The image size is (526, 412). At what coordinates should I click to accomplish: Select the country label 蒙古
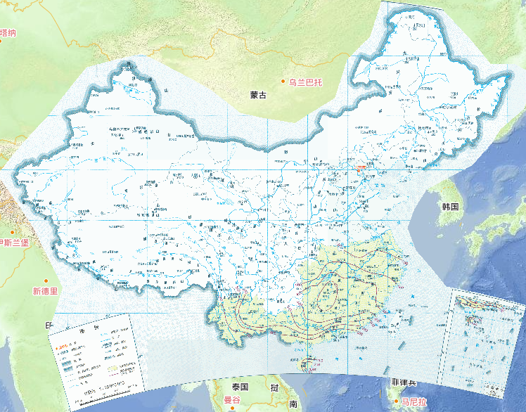point(258,95)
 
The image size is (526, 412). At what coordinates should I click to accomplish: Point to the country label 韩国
point(450,207)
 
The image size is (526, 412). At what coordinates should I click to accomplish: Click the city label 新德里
point(45,290)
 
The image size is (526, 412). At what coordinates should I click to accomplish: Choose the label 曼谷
point(232,400)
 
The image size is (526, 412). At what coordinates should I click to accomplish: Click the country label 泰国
point(240,387)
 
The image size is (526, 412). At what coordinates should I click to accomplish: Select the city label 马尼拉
point(415,401)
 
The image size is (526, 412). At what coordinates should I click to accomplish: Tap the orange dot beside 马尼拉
point(396,401)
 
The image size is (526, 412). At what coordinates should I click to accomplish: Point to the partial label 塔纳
point(8,32)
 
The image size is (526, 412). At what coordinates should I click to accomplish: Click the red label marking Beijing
point(360,168)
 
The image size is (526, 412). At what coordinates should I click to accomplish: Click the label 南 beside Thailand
point(292,404)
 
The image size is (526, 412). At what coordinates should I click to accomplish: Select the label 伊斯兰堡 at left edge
point(13,243)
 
